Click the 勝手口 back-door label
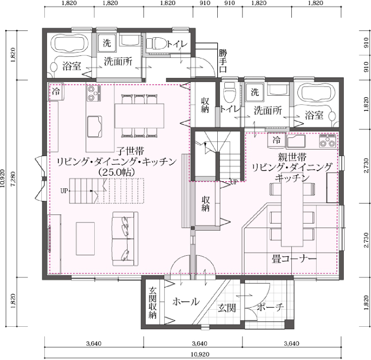(223, 61)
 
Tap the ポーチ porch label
(270, 307)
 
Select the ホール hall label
(186, 302)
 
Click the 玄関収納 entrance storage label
(153, 303)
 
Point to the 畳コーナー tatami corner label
(294, 259)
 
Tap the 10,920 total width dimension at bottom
(200, 354)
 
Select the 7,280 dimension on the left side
(13, 179)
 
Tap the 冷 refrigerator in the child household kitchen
(56, 92)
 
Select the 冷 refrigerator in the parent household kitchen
(276, 140)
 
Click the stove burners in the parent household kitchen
(328, 141)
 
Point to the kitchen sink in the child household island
(95, 126)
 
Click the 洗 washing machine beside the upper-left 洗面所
(107, 43)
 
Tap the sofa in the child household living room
(125, 239)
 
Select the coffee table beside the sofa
(85, 239)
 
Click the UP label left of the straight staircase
(64, 190)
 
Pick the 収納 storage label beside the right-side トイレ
(205, 105)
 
